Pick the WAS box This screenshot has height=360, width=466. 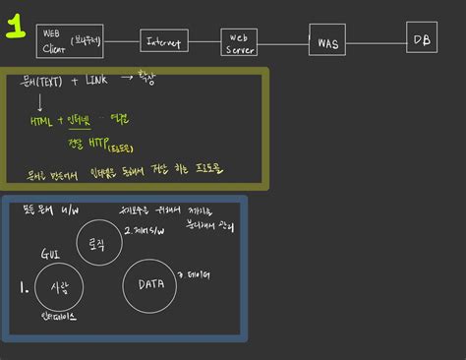coord(326,41)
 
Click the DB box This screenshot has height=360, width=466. coord(422,38)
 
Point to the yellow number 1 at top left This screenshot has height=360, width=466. coord(16,27)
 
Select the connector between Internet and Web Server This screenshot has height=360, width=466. coord(204,42)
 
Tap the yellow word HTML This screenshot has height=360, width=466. coord(41,122)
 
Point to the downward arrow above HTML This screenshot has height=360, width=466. coord(38,102)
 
